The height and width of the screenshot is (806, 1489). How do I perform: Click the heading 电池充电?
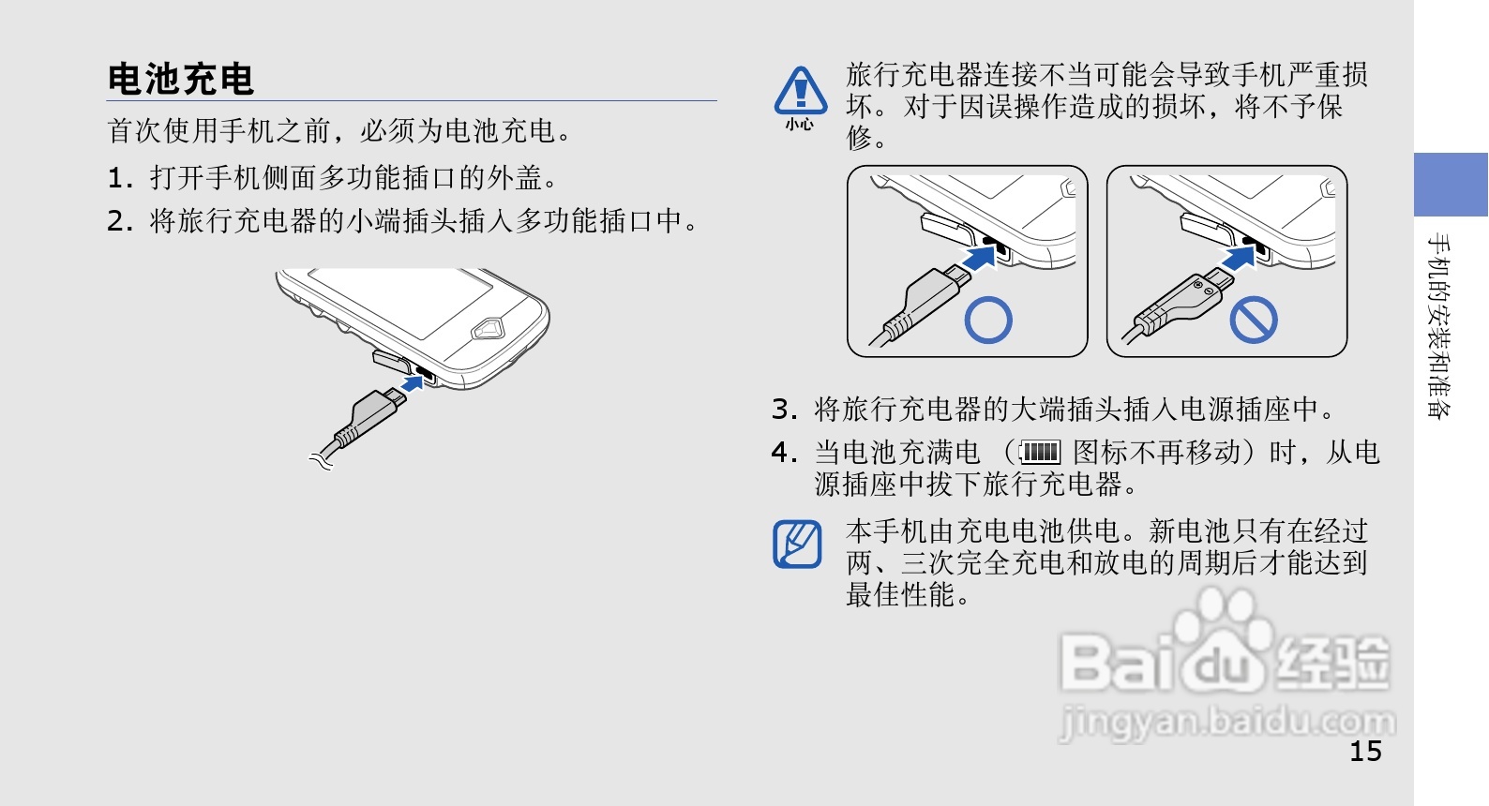click(180, 79)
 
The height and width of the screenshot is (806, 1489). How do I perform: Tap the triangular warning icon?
click(801, 90)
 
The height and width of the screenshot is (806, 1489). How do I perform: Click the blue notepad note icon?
click(797, 545)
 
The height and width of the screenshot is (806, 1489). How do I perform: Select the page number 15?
click(1365, 752)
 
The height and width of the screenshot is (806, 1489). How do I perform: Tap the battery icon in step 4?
click(1040, 453)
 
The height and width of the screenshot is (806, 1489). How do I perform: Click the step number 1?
click(120, 178)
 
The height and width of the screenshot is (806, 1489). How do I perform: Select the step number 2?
click(120, 221)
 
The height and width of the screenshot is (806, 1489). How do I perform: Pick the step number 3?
click(784, 410)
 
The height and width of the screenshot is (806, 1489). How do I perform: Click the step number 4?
click(784, 453)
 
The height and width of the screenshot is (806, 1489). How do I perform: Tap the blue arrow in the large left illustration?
click(413, 383)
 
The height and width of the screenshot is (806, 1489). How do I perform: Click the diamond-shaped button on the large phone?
click(487, 329)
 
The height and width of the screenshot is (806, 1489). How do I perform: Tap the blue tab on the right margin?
click(1451, 184)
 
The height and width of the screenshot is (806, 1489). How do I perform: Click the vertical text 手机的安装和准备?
click(1439, 325)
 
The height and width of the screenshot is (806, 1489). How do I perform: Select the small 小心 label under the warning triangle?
click(799, 125)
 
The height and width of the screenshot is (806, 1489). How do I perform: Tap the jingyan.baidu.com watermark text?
click(1227, 722)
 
